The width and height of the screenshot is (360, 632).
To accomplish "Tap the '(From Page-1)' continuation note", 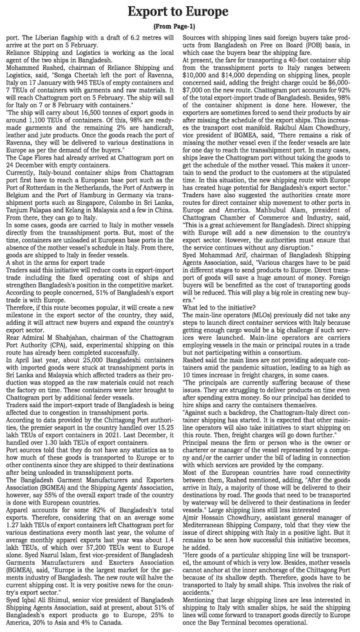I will (174, 27).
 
